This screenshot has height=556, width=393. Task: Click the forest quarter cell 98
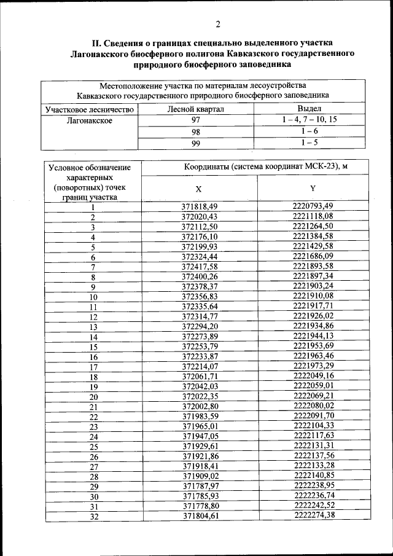[196, 132]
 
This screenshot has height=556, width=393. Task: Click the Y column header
[313, 187]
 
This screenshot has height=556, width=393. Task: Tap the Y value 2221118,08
[313, 216]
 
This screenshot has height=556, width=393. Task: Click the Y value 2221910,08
[313, 296]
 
